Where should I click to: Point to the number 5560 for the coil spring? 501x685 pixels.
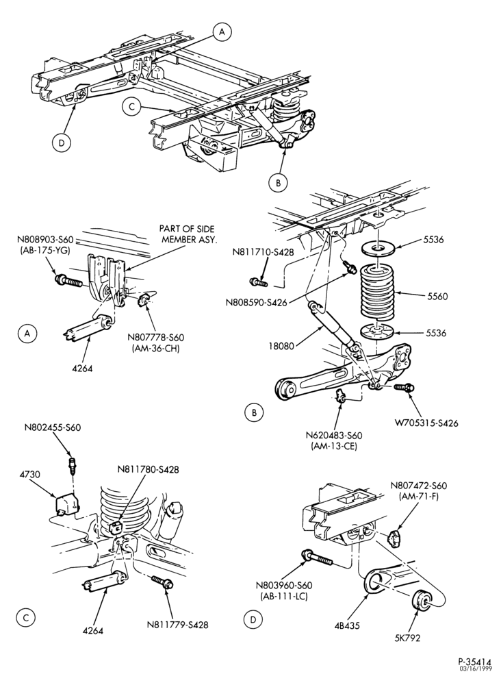(437, 296)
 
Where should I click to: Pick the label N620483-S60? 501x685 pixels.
(334, 436)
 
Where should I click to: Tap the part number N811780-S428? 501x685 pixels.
(149, 470)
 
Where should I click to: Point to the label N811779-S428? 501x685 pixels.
(178, 625)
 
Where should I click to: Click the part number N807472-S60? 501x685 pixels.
(418, 486)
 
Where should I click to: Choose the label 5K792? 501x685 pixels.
(407, 638)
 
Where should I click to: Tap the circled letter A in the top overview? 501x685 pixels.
(222, 32)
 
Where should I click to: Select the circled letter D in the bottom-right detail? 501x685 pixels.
(253, 619)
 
